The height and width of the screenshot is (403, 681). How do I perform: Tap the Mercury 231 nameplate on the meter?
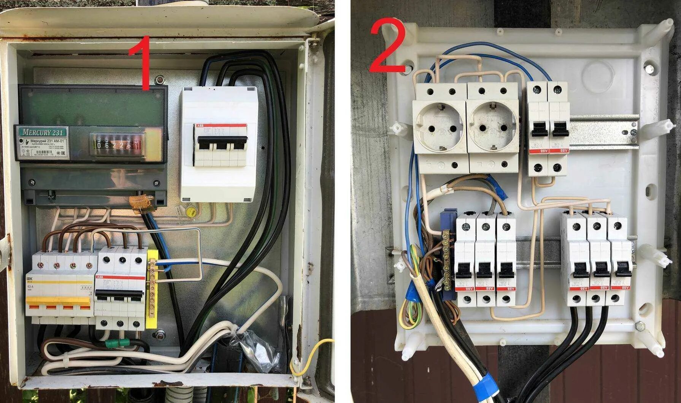coord(42,132)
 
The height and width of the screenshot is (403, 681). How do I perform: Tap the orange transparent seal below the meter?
coord(141,203)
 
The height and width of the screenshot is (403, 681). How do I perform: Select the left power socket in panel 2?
coord(440,127)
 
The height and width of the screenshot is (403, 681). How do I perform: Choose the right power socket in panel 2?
coord(493,127)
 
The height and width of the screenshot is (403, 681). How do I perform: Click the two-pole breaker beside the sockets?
coord(547,129)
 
